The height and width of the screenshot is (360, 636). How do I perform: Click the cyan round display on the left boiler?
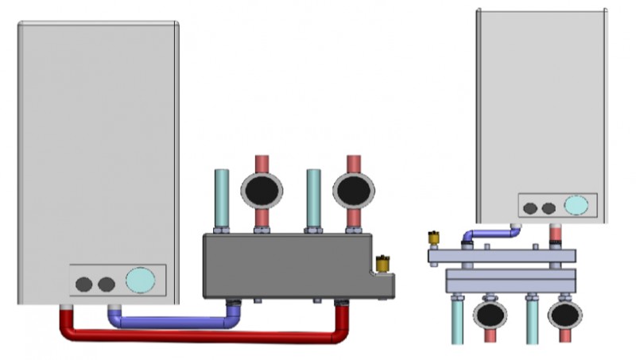click(x=141, y=281)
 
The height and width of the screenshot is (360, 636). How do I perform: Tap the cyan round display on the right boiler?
click(x=576, y=206)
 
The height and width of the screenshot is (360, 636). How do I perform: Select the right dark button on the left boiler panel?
click(x=105, y=284)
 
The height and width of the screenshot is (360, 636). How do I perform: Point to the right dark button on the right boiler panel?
click(x=548, y=208)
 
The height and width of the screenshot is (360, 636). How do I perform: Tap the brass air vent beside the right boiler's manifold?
click(x=434, y=238)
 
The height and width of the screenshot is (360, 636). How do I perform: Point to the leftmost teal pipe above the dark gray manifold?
click(x=222, y=199)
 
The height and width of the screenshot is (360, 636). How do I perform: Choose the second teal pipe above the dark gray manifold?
click(x=313, y=199)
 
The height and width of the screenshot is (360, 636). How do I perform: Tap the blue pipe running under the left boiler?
click(x=171, y=323)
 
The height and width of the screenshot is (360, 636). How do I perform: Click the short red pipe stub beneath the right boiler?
click(x=556, y=235)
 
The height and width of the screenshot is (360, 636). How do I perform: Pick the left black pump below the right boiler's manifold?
click(x=490, y=315)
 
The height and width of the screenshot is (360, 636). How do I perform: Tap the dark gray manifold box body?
click(x=286, y=265)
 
